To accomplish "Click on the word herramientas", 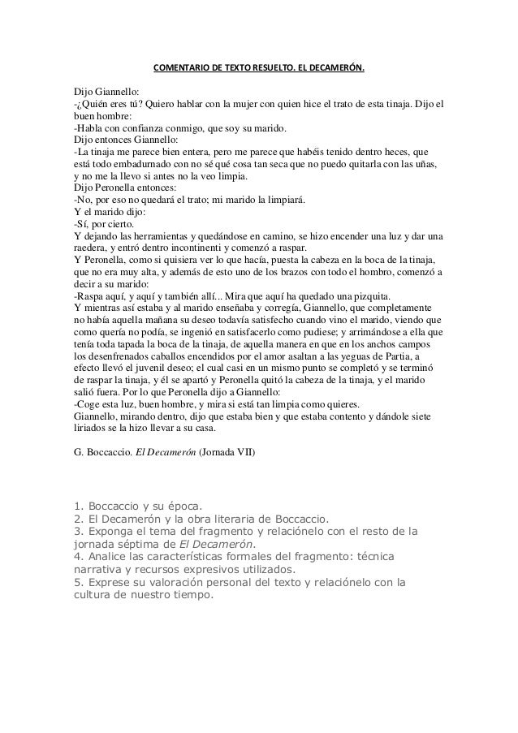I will click(153, 236).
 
